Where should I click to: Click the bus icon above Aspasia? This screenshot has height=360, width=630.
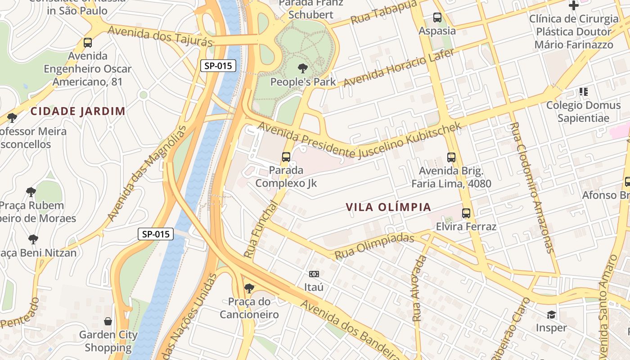tap(437, 18)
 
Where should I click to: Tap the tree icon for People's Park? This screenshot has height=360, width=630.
tap(303, 68)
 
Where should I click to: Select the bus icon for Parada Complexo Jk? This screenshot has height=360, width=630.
tap(286, 157)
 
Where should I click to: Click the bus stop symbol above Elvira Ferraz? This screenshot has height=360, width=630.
tap(466, 213)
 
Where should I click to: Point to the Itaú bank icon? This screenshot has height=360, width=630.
tap(314, 274)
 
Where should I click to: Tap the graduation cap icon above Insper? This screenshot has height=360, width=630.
tap(551, 315)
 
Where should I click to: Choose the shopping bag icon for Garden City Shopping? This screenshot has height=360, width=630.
tap(108, 321)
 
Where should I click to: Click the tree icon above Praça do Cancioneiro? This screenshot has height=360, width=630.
tap(249, 288)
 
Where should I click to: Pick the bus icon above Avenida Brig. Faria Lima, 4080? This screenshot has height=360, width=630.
tap(451, 157)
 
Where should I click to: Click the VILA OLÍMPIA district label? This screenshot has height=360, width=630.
tap(388, 207)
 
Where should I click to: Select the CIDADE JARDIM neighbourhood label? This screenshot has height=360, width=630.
tap(78, 111)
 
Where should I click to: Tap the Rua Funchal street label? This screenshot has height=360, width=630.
tap(261, 229)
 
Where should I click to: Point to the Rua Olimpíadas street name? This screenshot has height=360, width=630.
tap(374, 246)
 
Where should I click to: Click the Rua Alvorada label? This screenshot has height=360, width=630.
tap(419, 288)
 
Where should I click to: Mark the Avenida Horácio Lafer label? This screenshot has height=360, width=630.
tap(399, 67)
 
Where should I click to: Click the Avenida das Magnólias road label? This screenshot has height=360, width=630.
tap(146, 174)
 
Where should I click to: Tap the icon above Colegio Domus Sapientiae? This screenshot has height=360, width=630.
tap(584, 92)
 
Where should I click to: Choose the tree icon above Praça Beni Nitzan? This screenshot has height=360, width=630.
tap(33, 239)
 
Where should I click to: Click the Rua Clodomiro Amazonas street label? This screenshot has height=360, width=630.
tap(532, 187)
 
